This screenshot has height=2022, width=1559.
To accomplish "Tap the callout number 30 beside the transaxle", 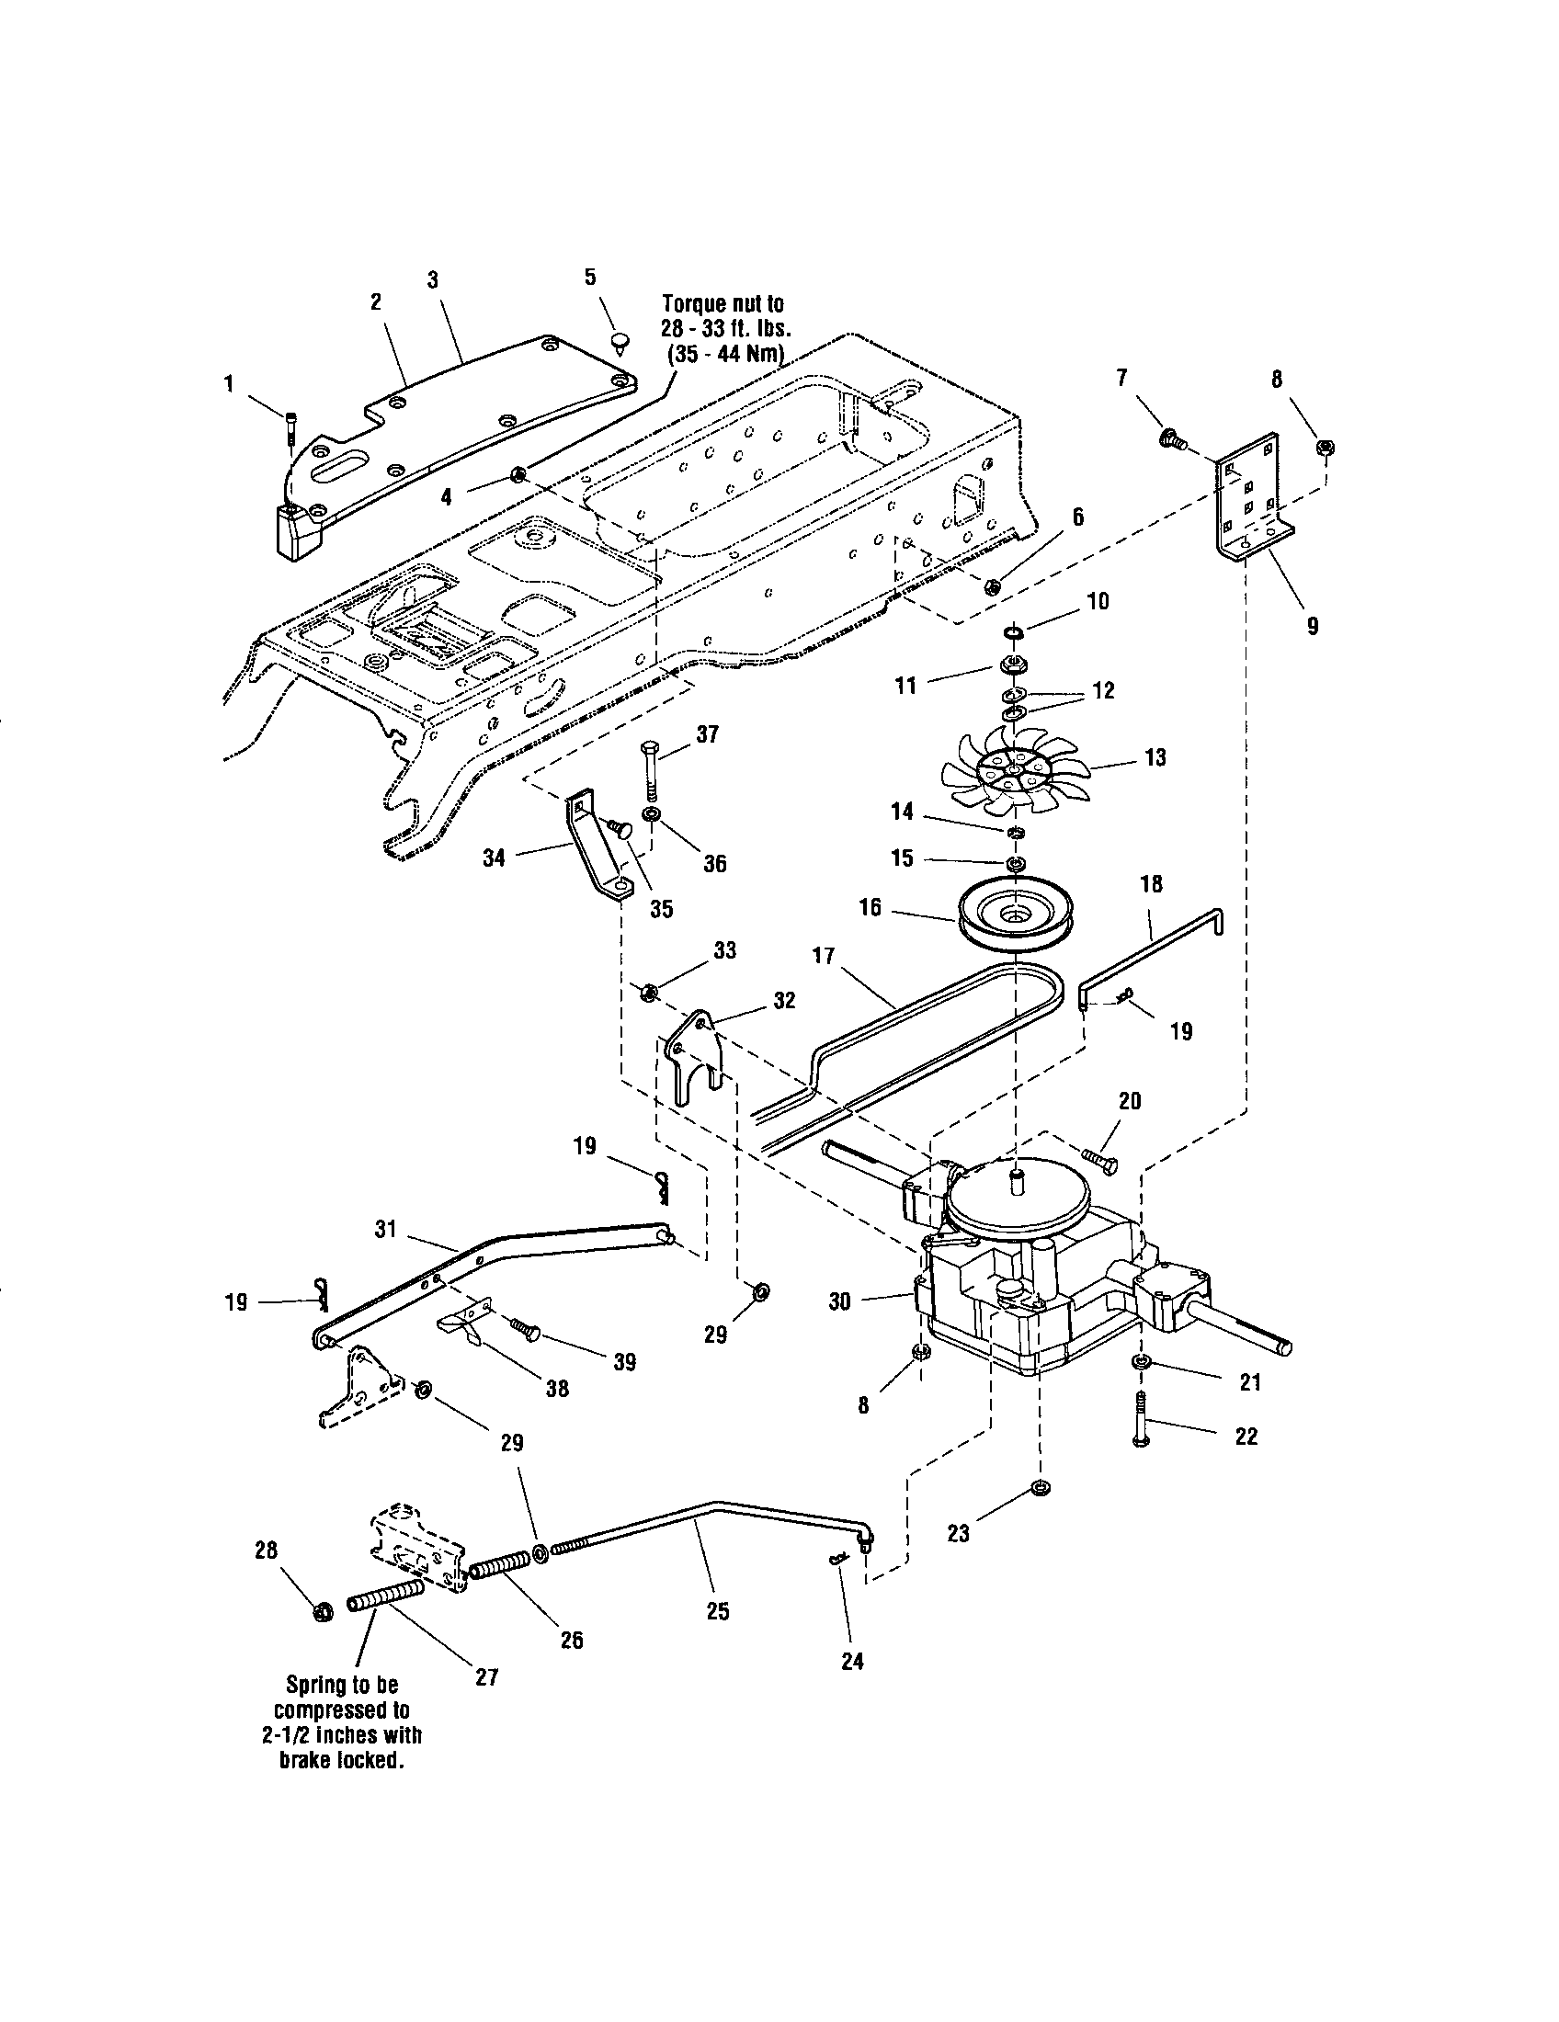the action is point(838,1301).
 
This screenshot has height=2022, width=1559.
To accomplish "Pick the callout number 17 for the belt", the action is point(823,955).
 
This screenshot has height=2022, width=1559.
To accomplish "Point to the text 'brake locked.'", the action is point(343,1760).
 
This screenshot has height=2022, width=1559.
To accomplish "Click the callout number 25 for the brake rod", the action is point(718,1611).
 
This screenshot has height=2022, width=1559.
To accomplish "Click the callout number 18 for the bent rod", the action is point(1151,884).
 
